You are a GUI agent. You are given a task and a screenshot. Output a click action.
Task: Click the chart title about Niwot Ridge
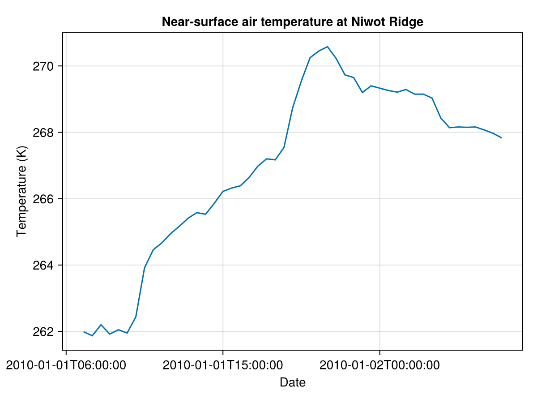[x=292, y=22]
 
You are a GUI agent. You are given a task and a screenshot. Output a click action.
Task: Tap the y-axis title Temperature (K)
[x=21, y=191]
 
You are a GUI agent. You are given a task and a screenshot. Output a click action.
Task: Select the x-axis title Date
[x=293, y=382]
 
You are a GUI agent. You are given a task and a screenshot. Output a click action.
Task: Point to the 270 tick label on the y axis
[x=43, y=66]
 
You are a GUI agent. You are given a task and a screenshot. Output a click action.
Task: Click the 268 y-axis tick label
[x=43, y=133]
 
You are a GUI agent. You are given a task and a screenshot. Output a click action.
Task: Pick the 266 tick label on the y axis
[x=43, y=199]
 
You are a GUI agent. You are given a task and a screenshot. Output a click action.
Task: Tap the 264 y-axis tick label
[x=43, y=265]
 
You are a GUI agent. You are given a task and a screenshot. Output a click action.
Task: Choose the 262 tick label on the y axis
[x=43, y=331]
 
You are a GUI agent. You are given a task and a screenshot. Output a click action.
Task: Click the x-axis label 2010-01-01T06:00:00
[x=66, y=365]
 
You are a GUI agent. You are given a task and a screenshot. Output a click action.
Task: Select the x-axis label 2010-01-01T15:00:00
[x=222, y=365]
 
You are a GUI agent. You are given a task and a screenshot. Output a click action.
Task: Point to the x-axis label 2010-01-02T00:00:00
[x=379, y=365]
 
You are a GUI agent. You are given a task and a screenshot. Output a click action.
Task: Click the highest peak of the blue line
[x=327, y=47]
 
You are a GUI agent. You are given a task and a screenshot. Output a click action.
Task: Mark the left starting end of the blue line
[x=84, y=332]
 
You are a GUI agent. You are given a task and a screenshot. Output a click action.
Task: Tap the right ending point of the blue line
[x=502, y=138]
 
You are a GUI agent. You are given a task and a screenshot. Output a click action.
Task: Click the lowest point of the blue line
[x=92, y=336]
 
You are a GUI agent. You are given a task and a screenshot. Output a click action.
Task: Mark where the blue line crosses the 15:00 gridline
[x=222, y=191]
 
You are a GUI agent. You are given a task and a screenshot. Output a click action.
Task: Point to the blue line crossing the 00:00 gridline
[x=379, y=88]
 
